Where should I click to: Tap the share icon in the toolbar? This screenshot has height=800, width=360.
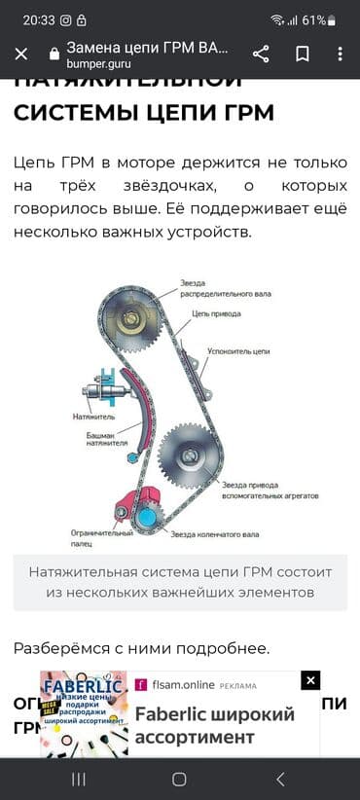[x=261, y=54]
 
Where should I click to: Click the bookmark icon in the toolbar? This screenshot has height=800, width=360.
[x=303, y=54]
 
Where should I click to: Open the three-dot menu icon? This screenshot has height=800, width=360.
[x=340, y=54]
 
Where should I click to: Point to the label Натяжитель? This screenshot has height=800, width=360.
[x=93, y=417]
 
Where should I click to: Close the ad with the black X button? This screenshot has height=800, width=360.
[x=310, y=680]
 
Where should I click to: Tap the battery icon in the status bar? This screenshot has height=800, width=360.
[x=333, y=19]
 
